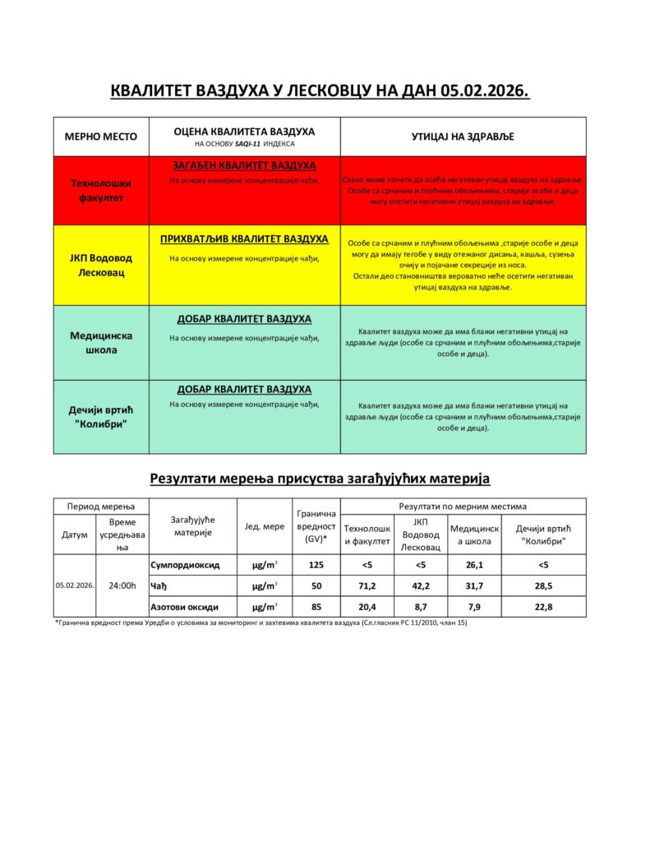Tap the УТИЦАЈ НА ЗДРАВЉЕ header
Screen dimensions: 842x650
pos(463,136)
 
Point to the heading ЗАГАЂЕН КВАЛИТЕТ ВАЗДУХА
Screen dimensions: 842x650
pos(244,165)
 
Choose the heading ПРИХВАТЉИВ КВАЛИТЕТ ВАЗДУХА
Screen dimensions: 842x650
pos(244,239)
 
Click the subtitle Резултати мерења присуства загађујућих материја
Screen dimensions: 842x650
pos(320,477)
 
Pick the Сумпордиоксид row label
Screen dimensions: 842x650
pos(185,565)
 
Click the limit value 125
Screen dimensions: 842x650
pos(316,565)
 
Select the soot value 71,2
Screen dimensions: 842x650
pos(367,585)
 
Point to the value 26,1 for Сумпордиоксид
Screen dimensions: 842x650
pos(474,565)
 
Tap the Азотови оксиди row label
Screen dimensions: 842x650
pos(185,607)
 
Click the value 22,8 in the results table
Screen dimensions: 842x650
pos(543,607)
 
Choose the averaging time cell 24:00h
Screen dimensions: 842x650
pos(122,585)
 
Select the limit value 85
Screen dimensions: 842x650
pos(316,607)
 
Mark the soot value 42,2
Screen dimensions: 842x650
pos(420,585)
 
